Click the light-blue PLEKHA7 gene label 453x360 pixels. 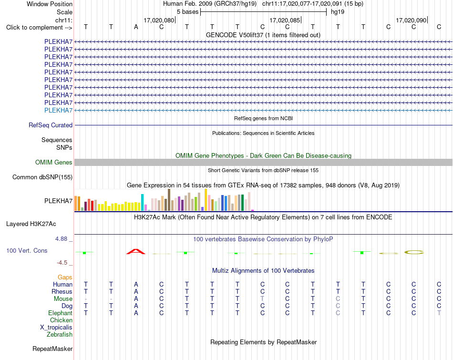click(x=58, y=110)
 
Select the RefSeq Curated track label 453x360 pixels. click(x=51, y=125)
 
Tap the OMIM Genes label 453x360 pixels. click(x=54, y=163)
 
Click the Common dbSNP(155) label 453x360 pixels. click(x=42, y=177)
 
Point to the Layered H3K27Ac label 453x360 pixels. click(x=31, y=224)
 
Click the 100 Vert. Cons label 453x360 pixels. click(x=27, y=250)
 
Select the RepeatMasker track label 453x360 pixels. click(x=52, y=349)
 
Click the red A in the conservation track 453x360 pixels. click(x=136, y=252)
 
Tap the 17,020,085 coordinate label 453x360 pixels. click(x=285, y=20)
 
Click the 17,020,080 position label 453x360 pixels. click(x=159, y=20)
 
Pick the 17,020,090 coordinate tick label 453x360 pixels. click(x=411, y=20)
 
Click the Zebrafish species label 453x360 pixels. click(x=60, y=335)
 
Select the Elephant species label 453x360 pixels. click(x=61, y=313)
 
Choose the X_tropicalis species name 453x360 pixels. click(x=56, y=328)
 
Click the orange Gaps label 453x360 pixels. click(x=65, y=278)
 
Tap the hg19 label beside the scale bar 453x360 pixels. click(x=338, y=12)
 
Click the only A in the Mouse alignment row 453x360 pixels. click(x=136, y=299)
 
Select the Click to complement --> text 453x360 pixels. click(x=39, y=28)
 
